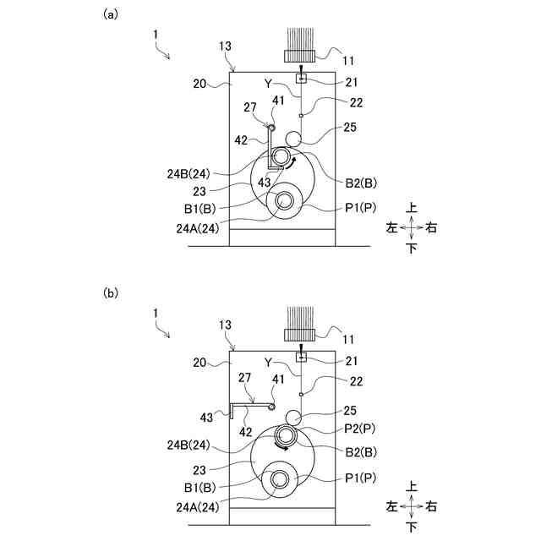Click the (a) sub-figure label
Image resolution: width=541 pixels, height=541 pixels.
(110, 14)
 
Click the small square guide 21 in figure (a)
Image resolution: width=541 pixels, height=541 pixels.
(301, 79)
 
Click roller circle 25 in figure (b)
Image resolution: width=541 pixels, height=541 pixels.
(294, 418)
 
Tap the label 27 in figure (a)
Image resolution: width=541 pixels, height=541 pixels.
(249, 107)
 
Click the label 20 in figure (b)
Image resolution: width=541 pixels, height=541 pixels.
(199, 362)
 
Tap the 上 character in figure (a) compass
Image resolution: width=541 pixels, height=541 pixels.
(412, 207)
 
